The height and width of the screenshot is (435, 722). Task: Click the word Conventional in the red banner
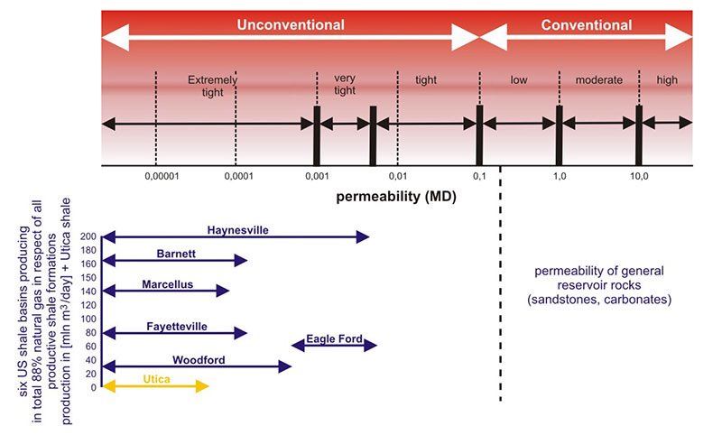point(586,25)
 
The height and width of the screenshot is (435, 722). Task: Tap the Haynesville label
point(237,229)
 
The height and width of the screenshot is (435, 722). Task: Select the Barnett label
point(176,254)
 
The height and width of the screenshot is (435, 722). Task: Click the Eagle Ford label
point(334,339)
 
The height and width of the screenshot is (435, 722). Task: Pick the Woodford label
point(199,359)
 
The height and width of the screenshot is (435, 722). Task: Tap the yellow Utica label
point(156,379)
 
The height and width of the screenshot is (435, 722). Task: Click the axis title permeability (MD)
point(396,195)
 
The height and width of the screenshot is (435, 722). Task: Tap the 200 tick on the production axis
point(88,236)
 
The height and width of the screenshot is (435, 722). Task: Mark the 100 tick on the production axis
point(88,319)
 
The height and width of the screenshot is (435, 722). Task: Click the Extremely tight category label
point(213,87)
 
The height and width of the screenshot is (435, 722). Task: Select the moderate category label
point(600,80)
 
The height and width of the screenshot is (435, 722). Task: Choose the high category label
point(667,80)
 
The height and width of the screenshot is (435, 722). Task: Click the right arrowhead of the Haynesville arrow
point(365,236)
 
